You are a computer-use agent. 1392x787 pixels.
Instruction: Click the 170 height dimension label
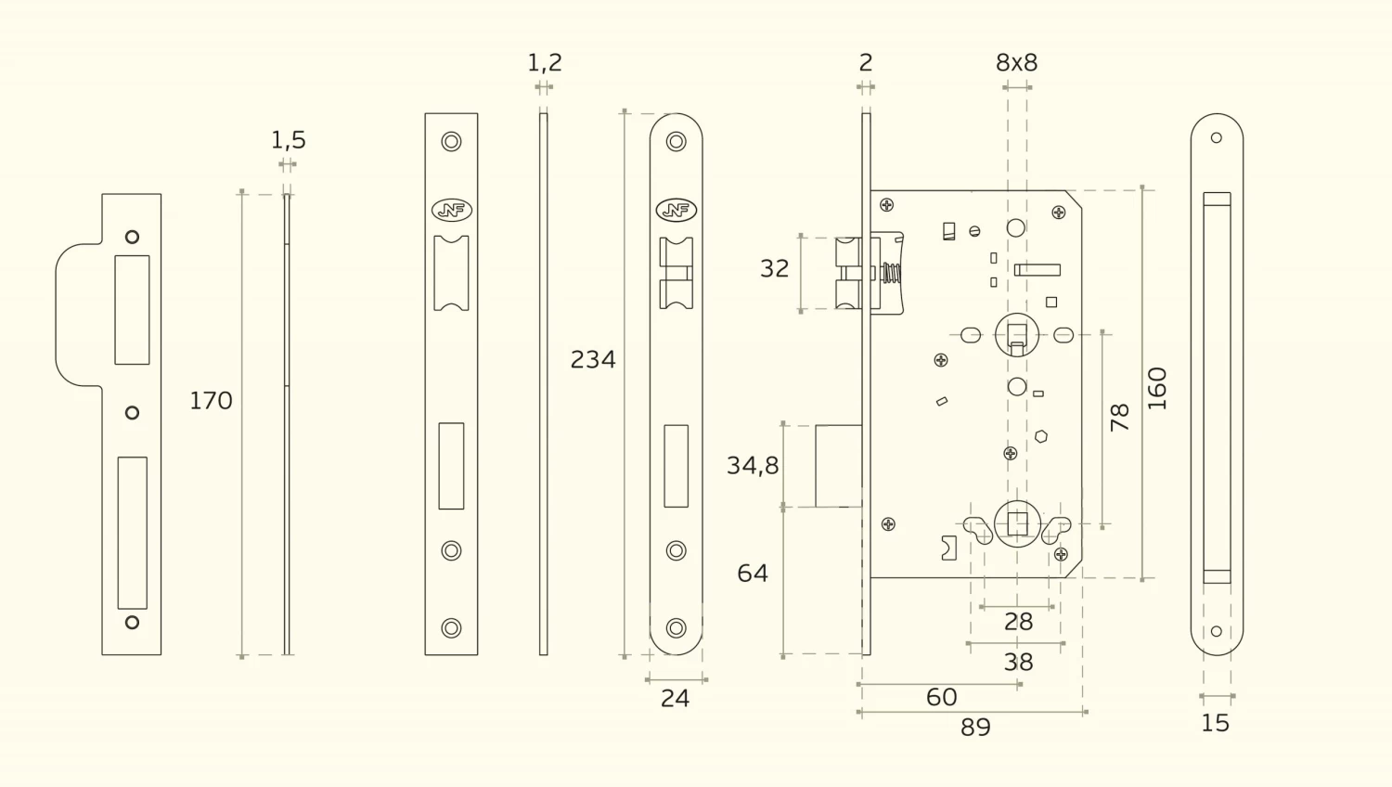[x=211, y=401]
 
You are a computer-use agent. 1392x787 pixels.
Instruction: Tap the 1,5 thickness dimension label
[x=288, y=140]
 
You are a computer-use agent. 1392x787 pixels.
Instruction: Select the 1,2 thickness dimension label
[x=545, y=62]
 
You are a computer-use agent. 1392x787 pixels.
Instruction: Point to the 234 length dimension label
[x=593, y=359]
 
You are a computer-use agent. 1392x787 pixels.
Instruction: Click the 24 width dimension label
[x=675, y=699]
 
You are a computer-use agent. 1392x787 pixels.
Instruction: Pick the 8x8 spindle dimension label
[x=1016, y=62]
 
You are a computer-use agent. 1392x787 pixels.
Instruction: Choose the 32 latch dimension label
[x=774, y=268]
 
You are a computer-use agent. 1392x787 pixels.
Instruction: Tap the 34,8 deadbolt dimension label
[x=753, y=465]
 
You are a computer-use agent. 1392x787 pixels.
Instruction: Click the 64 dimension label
[x=753, y=574]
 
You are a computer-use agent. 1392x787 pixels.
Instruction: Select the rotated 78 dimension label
[x=1120, y=418]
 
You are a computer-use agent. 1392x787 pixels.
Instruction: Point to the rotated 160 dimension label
[x=1157, y=388]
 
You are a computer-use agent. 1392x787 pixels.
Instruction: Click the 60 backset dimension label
[x=941, y=697]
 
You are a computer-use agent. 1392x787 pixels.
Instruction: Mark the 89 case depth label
[x=975, y=728]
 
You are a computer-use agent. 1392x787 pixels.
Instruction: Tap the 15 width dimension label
[x=1215, y=723]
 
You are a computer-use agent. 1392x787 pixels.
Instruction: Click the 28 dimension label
[x=1018, y=622]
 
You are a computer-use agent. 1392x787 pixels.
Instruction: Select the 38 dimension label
[x=1018, y=663]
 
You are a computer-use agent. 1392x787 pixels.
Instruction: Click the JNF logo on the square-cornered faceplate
[x=452, y=211]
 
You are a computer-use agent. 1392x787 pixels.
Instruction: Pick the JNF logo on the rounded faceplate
[x=676, y=211]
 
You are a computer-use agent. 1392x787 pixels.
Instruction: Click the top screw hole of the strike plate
[x=132, y=237]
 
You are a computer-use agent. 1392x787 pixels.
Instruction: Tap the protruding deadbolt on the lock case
[x=839, y=466]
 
